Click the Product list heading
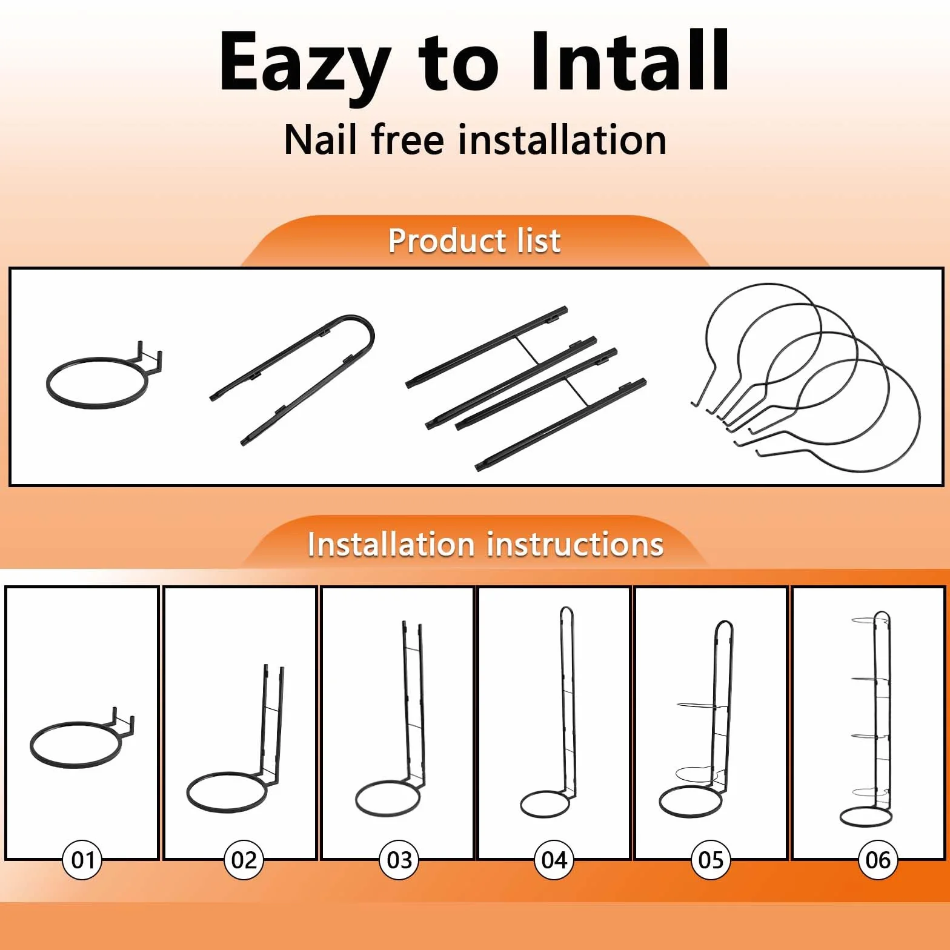point(474,241)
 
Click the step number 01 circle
point(82,860)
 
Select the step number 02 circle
point(244,860)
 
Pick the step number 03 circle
point(399,860)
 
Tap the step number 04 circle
point(554,860)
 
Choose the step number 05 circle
point(711,860)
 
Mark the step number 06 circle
point(878,860)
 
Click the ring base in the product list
point(97,407)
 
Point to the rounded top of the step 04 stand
point(565,608)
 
